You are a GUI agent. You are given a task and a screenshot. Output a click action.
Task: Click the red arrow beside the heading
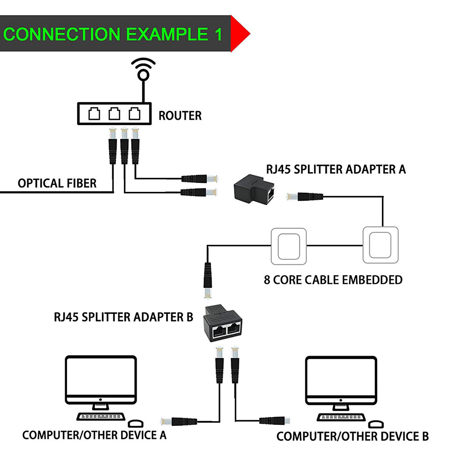(x=240, y=34)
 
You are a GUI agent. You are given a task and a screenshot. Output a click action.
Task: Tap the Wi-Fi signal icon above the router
(x=143, y=70)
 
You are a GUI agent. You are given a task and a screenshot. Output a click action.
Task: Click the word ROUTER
(x=180, y=115)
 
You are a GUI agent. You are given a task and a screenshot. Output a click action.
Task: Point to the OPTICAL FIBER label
(x=57, y=183)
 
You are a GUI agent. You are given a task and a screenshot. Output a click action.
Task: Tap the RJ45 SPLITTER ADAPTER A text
(x=336, y=169)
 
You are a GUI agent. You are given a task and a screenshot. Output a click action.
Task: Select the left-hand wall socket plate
(x=289, y=245)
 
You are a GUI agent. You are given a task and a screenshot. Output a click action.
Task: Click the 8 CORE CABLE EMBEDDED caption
(x=333, y=280)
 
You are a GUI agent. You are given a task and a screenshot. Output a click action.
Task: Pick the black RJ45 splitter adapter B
(x=226, y=323)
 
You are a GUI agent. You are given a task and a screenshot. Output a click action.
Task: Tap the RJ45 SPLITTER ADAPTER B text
(x=123, y=317)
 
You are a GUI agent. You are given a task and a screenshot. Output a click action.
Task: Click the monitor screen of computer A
(x=101, y=379)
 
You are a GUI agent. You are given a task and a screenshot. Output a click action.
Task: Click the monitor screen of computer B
(x=341, y=379)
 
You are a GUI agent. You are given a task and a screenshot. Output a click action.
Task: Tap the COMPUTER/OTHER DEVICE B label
(x=352, y=437)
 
